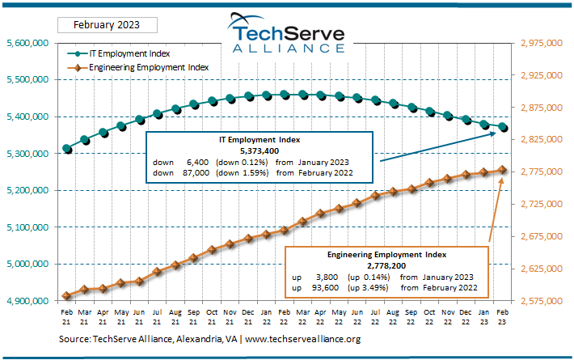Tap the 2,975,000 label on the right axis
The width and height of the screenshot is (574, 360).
(x=542, y=43)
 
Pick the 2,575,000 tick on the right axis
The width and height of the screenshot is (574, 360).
(x=542, y=301)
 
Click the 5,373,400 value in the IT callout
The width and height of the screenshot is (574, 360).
(x=260, y=151)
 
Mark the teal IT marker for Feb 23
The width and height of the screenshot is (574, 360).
(x=504, y=127)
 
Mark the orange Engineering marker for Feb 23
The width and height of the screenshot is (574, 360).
(x=502, y=170)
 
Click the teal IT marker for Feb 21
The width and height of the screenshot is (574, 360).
(x=67, y=149)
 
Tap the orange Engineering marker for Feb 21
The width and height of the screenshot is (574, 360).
(x=66, y=296)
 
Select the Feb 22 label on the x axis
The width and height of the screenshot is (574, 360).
(x=285, y=317)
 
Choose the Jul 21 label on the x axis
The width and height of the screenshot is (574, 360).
(x=157, y=317)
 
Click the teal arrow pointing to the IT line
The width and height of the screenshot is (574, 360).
(x=437, y=147)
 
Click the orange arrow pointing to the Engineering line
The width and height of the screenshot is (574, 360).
(x=496, y=210)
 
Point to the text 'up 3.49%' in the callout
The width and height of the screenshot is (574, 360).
(x=366, y=286)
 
